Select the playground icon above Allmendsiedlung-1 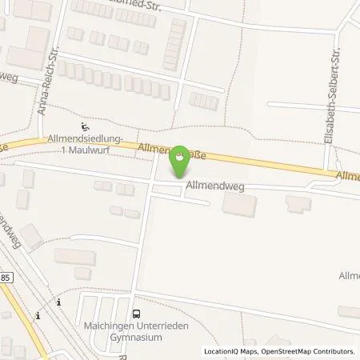(x=86, y=126)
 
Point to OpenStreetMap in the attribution (x=284, y=350)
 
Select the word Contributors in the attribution (x=334, y=350)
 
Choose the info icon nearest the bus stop (x=58, y=302)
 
